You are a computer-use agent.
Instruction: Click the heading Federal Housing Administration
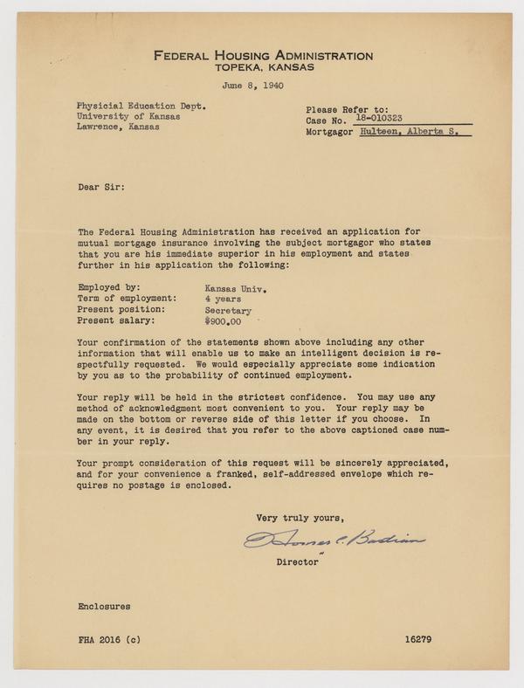[263, 55]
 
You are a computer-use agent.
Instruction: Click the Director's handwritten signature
[334, 540]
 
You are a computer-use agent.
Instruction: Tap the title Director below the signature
[296, 563]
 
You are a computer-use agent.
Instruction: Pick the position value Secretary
[228, 310]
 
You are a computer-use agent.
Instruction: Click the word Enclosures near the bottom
[104, 604]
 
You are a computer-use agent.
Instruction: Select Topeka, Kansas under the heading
[263, 66]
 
